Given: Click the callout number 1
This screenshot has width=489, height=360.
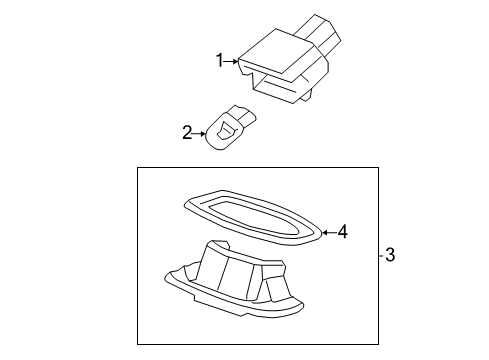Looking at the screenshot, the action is (219, 60).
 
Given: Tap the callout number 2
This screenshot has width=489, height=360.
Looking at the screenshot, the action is (187, 132).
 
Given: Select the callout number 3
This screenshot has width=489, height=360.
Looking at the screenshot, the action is (390, 255).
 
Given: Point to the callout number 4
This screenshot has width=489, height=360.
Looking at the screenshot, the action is (343, 231).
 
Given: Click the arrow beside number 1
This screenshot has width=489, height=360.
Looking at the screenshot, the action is (231, 61).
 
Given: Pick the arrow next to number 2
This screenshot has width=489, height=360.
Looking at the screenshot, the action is (200, 134).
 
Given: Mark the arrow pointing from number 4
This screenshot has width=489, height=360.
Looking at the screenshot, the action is (329, 232).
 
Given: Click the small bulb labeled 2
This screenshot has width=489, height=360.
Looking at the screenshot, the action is (231, 127).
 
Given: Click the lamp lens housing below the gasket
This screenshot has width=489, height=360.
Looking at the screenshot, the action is (233, 280).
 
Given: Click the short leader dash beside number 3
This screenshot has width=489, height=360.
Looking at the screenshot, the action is (381, 255).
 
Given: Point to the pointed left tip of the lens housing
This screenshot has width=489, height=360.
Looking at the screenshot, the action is (167, 276).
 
